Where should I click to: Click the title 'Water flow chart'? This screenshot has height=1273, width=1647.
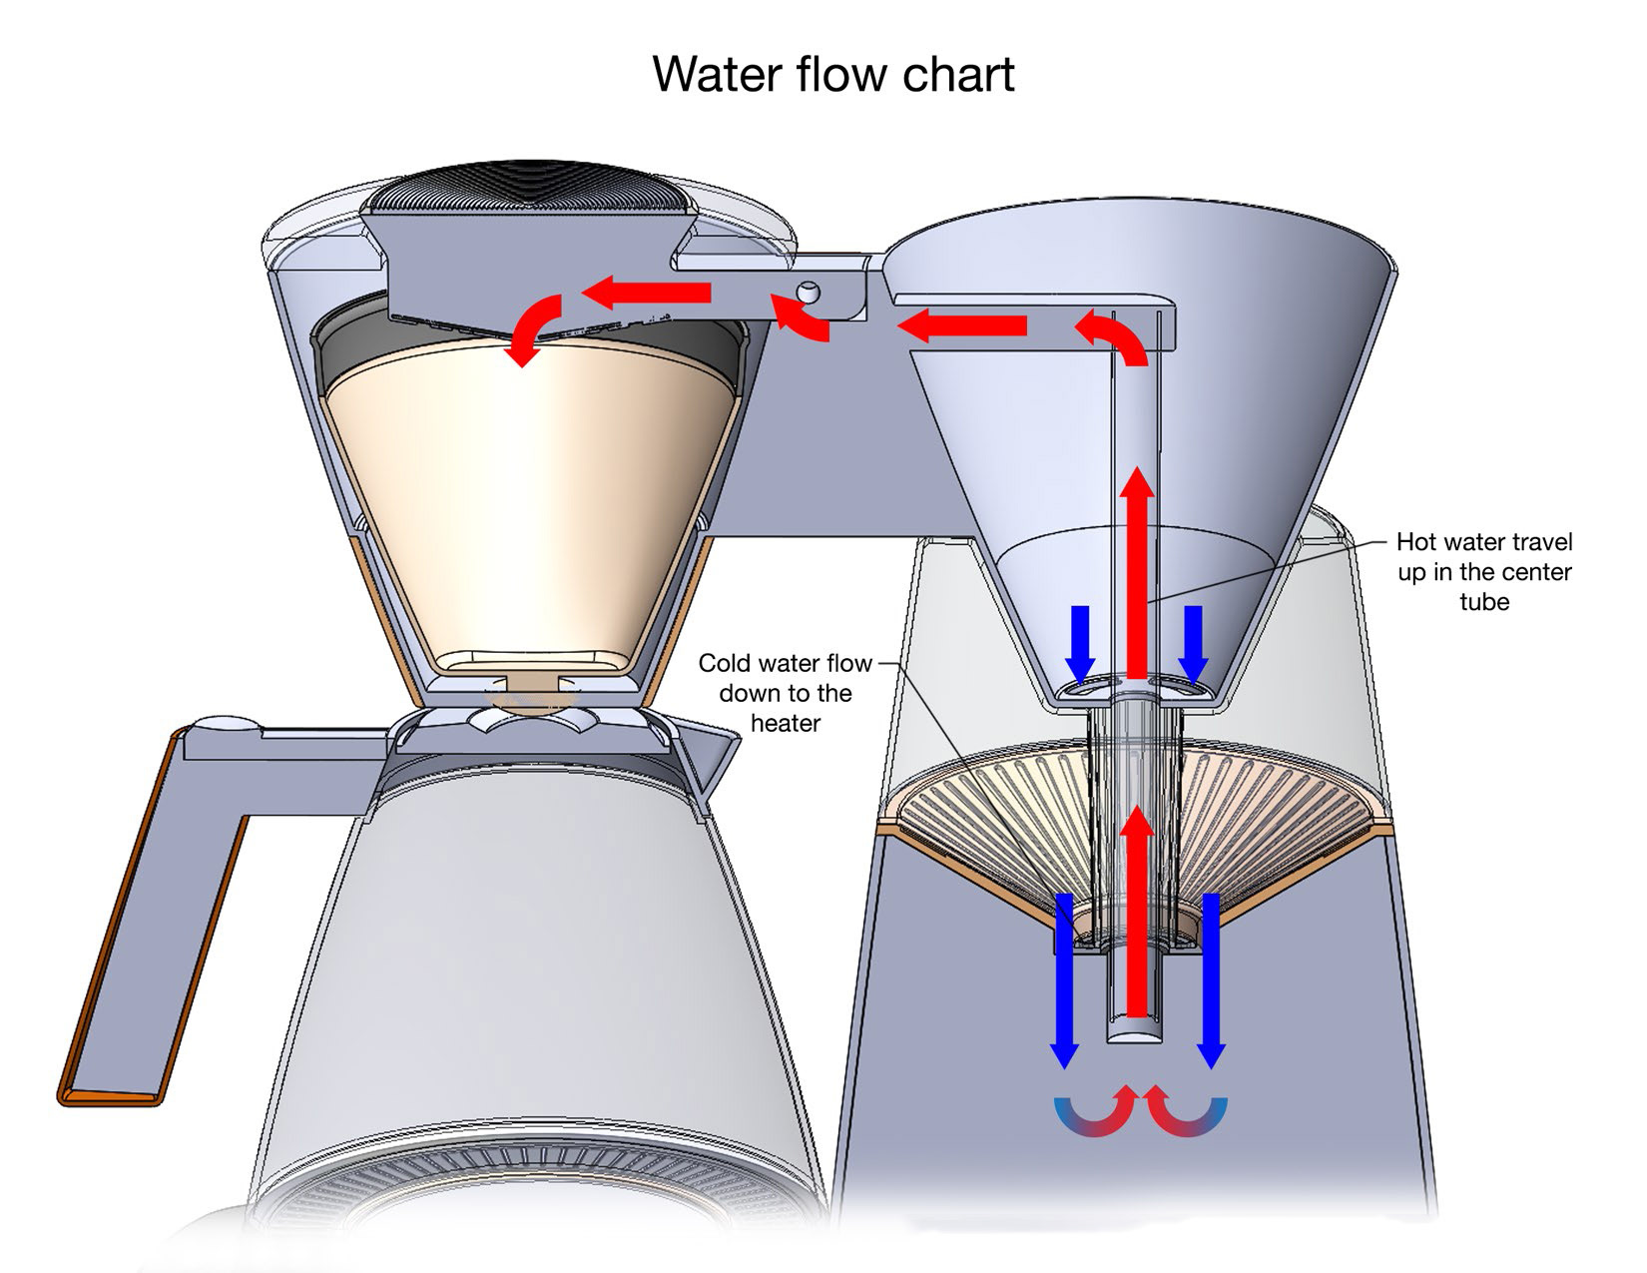click(832, 74)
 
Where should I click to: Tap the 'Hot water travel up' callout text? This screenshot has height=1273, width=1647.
click(1483, 571)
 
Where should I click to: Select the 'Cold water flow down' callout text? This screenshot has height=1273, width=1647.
click(785, 692)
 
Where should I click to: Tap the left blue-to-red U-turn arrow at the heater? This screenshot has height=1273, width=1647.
click(1096, 1113)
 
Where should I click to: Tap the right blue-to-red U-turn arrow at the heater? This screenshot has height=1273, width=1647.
click(1184, 1113)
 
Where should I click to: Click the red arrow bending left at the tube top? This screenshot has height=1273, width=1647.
click(1113, 335)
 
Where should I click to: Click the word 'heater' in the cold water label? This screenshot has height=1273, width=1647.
click(785, 723)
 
